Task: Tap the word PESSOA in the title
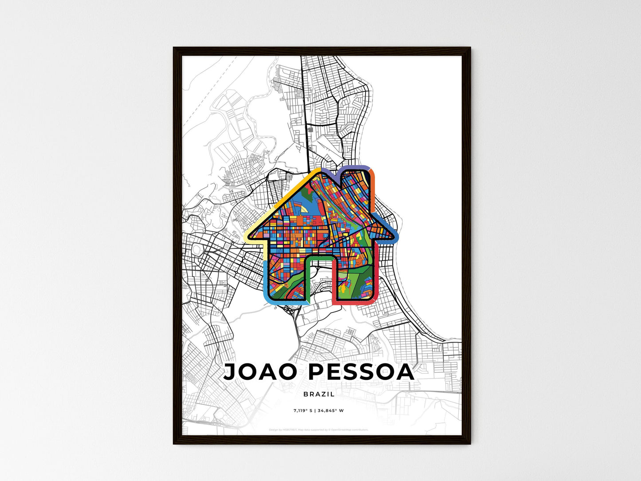pyautogui.click(x=361, y=372)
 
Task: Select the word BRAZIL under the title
pyautogui.click(x=319, y=394)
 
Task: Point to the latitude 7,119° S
pyautogui.click(x=303, y=410)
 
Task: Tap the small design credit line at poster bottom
pyautogui.click(x=319, y=430)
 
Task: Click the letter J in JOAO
pyautogui.click(x=231, y=372)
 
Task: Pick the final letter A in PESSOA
pyautogui.click(x=405, y=372)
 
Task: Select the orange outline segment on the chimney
pyautogui.click(x=373, y=186)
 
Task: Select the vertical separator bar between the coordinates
pyautogui.click(x=317, y=410)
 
